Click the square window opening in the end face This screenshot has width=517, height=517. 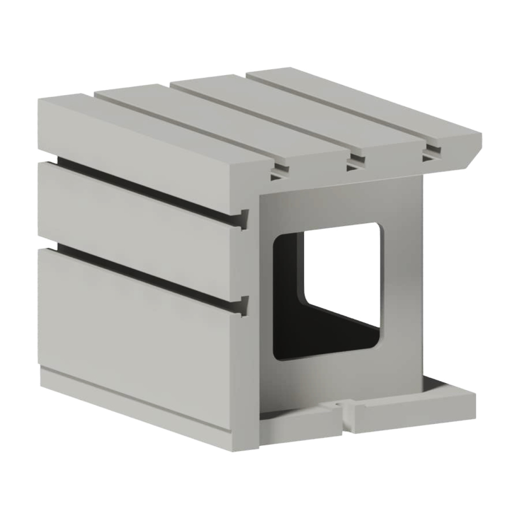click(x=343, y=276)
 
